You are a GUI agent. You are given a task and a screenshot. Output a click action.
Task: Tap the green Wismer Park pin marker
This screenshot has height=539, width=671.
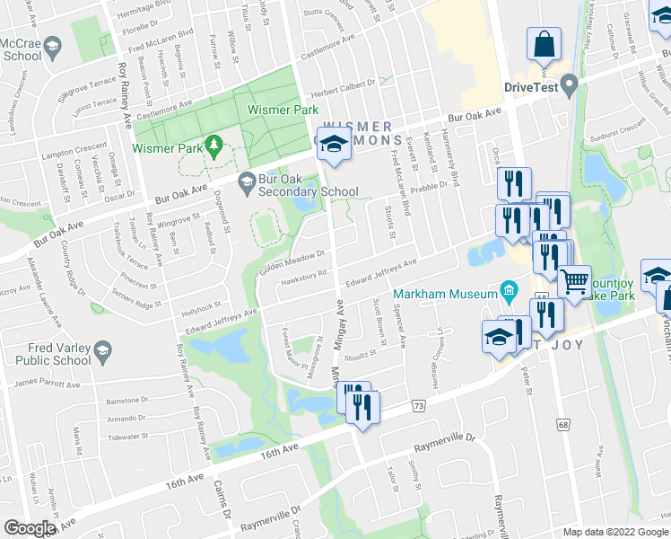(213, 144)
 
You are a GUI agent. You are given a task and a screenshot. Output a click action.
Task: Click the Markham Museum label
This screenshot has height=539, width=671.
(458, 295)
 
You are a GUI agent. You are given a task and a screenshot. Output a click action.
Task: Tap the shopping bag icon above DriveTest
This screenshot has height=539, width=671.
(545, 44)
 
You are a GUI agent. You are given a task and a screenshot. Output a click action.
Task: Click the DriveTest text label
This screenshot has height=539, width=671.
(531, 88)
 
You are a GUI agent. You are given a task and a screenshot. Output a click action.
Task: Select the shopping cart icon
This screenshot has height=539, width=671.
(575, 281)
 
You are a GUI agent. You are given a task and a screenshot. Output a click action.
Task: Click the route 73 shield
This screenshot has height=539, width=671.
(419, 407)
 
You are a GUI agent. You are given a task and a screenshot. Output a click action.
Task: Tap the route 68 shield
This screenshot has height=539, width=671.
(562, 423)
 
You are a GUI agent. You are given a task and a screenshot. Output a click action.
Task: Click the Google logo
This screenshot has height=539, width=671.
(30, 528)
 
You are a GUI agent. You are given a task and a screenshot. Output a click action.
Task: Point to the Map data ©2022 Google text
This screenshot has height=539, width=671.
(616, 532)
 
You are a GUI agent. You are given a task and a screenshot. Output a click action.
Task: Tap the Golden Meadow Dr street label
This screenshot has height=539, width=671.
(292, 260)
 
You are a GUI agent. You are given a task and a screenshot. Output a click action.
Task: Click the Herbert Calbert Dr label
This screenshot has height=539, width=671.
(343, 95)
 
